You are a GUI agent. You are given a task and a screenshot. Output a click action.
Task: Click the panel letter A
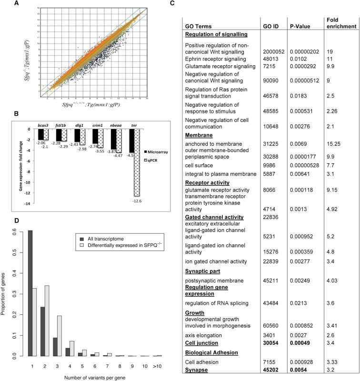click(20, 4)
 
